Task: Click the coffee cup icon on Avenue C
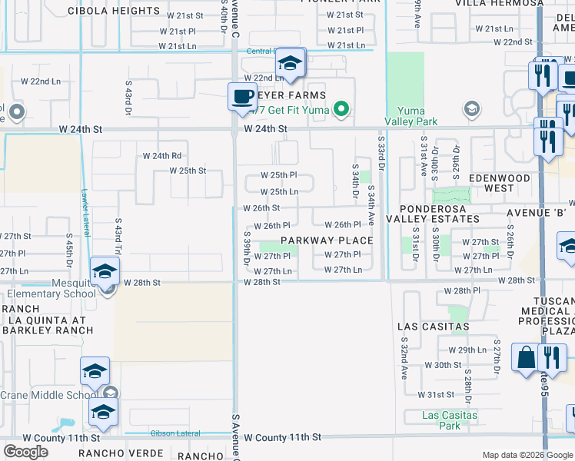(242, 97)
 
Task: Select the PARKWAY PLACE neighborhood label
(327, 240)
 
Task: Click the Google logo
(25, 451)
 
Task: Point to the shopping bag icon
(527, 358)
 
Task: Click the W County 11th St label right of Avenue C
(282, 437)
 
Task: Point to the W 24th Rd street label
(161, 156)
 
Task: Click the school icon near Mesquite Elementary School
(105, 271)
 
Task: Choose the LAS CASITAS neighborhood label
(433, 327)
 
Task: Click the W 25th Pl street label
(278, 176)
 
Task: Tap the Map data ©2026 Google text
(527, 455)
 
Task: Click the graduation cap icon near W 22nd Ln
(290, 63)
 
